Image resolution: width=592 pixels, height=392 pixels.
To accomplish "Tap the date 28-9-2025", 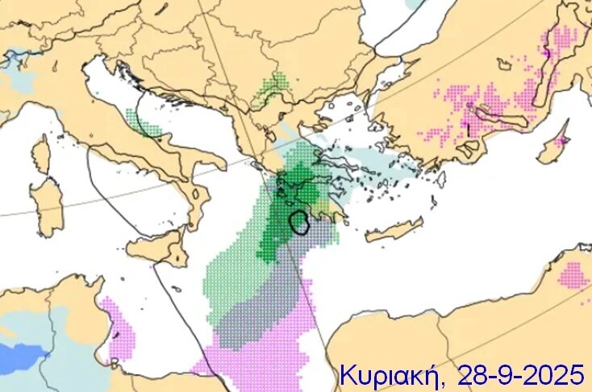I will [519, 373].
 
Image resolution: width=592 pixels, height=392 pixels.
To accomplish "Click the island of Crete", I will [394, 231].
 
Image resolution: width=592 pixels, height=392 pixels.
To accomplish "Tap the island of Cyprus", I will [554, 148].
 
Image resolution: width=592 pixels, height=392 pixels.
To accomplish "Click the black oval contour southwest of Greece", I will [300, 222].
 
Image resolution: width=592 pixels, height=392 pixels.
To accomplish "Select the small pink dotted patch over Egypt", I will [573, 275].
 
